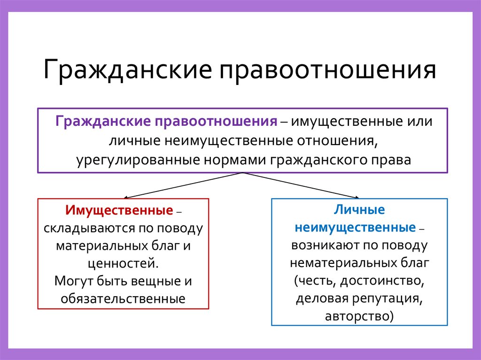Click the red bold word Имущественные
point(119,210)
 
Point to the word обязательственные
point(123,298)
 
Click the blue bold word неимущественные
point(355,228)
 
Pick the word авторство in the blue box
point(358,316)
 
